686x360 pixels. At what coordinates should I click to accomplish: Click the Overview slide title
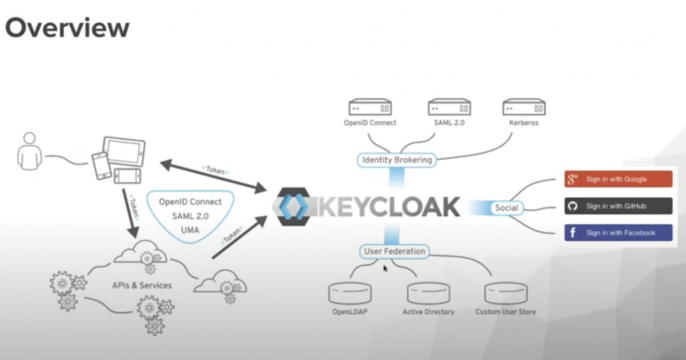coord(67,27)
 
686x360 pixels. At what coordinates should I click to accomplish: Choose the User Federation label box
coord(395,252)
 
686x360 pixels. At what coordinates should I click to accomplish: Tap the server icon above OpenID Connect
coord(370,107)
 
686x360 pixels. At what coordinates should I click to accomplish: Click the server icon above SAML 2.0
coord(450,107)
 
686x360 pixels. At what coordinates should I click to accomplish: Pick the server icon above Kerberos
coord(525,107)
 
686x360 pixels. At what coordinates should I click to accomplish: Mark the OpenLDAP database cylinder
coord(350,293)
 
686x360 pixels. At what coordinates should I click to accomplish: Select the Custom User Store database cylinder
coord(506,293)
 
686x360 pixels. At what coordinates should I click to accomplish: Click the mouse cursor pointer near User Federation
coord(385,268)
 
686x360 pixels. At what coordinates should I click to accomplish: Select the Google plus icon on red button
coord(574,180)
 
